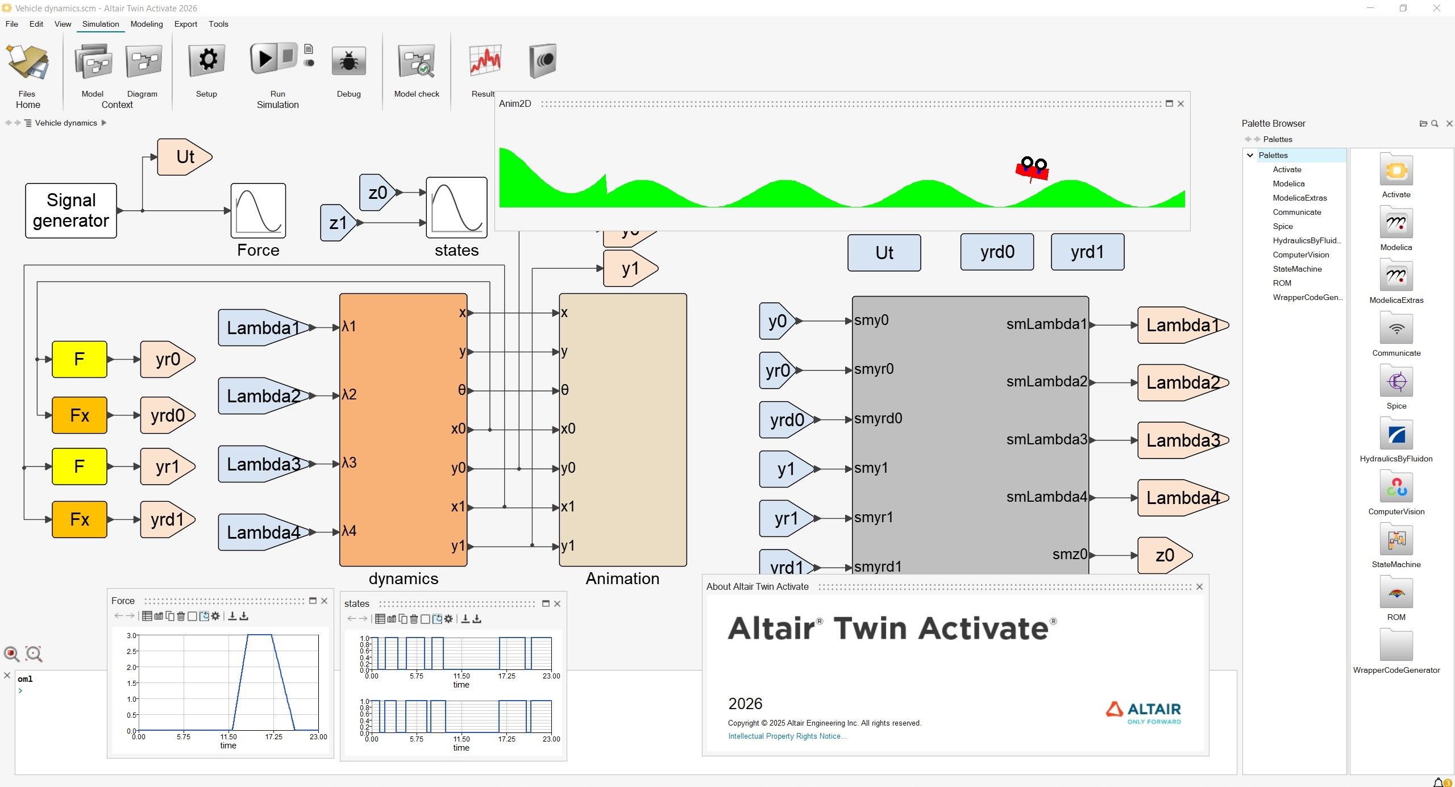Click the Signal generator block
point(71,210)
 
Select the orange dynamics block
point(403,430)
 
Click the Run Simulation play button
point(264,59)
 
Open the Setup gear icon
point(207,60)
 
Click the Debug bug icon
point(348,61)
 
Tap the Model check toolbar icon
point(417,61)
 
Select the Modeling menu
point(147,24)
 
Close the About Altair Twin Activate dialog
point(1199,586)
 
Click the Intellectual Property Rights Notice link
point(787,736)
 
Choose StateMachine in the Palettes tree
point(1297,269)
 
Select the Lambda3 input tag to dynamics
point(263,464)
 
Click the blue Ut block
point(884,253)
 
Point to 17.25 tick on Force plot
point(273,736)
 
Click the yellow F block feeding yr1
point(80,467)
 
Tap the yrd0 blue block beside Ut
point(997,252)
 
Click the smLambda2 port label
point(1046,381)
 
